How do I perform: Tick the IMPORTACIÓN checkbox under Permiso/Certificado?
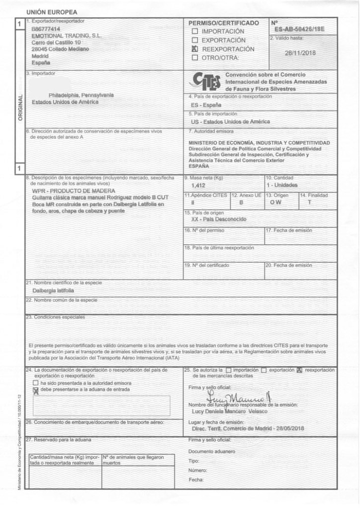[x=195, y=31]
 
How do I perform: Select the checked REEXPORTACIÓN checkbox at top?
[x=195, y=49]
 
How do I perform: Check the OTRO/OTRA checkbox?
[x=195, y=58]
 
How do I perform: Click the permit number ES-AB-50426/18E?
[x=298, y=30]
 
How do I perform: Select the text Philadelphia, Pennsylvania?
[x=81, y=95]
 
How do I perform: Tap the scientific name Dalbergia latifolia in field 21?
[x=53, y=290]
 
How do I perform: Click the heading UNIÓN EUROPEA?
[x=47, y=11]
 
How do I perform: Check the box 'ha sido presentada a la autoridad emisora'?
[x=35, y=383]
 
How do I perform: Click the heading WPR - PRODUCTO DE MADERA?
[x=73, y=191]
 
